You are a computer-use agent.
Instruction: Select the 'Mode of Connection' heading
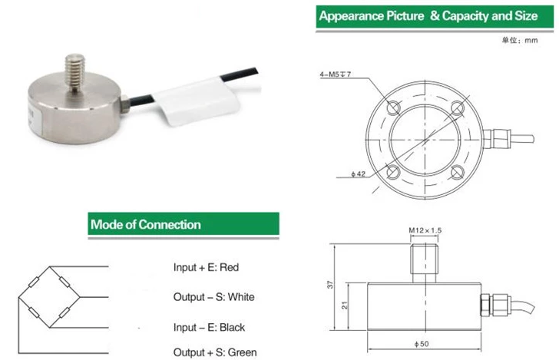click(x=146, y=225)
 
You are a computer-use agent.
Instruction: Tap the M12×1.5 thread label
click(x=425, y=230)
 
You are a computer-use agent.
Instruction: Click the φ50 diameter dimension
click(x=424, y=343)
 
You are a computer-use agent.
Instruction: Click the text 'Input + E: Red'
click(x=207, y=268)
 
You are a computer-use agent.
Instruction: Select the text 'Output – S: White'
click(x=213, y=297)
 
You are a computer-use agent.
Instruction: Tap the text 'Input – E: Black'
click(x=209, y=327)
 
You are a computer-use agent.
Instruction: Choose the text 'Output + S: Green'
click(x=214, y=352)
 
